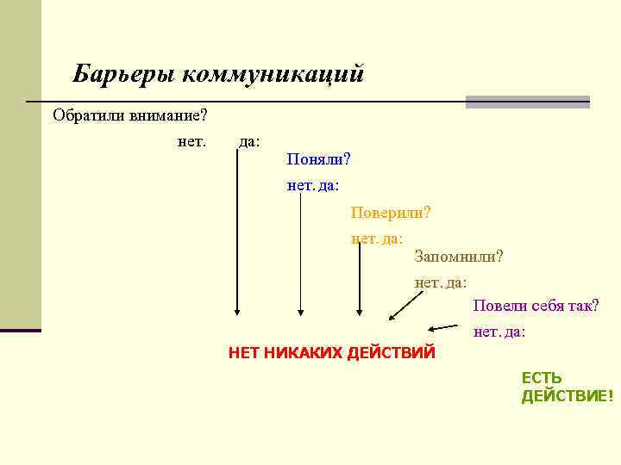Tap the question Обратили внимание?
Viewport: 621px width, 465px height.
(x=129, y=115)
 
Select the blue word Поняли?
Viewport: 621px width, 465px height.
(x=318, y=159)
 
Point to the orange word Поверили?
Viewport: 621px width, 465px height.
(x=391, y=212)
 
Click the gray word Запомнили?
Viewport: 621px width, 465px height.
(x=458, y=256)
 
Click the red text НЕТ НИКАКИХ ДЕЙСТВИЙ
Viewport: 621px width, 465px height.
(x=332, y=352)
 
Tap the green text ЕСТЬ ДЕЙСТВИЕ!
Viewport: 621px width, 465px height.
(x=567, y=387)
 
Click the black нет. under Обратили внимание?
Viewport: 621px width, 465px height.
(x=191, y=140)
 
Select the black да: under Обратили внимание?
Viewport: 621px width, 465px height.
(x=249, y=140)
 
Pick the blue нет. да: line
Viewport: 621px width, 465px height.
(x=313, y=184)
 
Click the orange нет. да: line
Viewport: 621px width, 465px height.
(x=377, y=237)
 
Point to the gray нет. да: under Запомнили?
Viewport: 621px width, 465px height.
(x=441, y=282)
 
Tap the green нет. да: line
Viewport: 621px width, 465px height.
(x=499, y=332)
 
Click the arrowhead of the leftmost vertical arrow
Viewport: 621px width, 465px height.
(x=237, y=313)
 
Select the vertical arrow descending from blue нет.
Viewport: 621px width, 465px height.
(x=300, y=258)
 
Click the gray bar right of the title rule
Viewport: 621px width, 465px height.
(x=527, y=102)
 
